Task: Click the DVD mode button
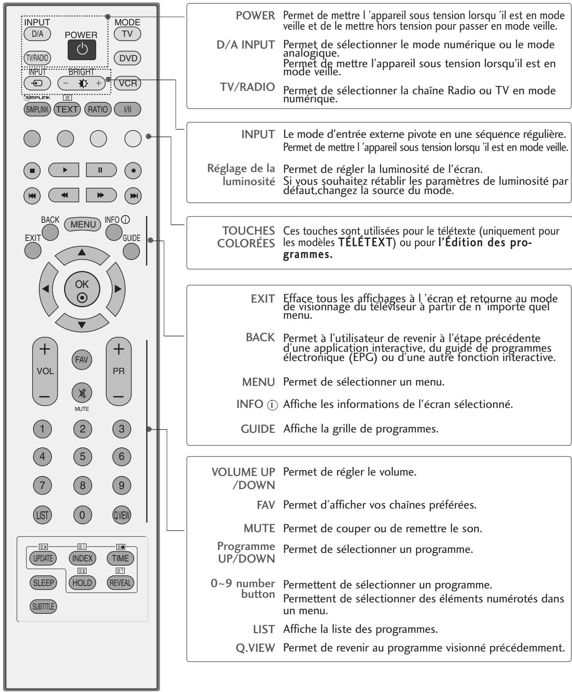(127, 58)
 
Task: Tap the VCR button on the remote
(127, 83)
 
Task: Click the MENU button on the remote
(83, 224)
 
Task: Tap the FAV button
(82, 360)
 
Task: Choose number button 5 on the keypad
(82, 456)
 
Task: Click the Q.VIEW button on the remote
(122, 514)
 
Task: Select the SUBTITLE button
(43, 607)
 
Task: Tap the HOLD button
(82, 583)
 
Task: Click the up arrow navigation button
(82, 252)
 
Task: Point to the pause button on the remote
(101, 170)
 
